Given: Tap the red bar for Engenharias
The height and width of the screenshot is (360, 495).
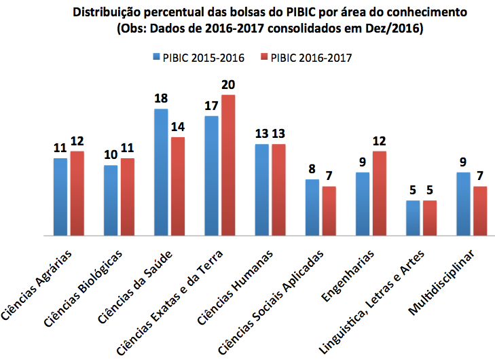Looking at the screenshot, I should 378,194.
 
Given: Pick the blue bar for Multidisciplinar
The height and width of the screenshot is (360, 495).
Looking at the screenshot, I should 464,204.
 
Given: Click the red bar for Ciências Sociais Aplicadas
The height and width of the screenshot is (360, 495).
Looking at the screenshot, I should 329,211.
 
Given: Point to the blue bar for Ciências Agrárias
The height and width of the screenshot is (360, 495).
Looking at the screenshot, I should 60,197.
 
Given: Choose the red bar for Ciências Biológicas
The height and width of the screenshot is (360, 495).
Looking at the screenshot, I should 127,197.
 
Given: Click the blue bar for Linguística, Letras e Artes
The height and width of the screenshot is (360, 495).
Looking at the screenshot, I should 413,218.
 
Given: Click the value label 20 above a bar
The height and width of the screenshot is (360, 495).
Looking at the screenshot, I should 228,84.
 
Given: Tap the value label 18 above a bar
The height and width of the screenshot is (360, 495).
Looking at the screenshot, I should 161,98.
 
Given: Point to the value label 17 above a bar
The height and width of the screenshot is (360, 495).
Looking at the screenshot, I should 211,106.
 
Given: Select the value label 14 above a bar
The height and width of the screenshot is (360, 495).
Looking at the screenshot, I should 178,127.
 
